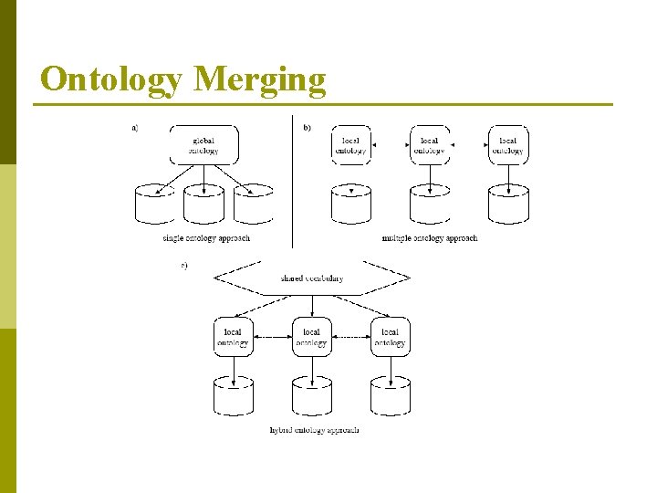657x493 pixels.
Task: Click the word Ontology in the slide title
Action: (110, 79)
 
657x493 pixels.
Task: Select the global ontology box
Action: (203, 145)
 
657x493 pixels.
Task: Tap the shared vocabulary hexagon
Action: (311, 278)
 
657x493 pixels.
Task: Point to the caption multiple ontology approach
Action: (429, 238)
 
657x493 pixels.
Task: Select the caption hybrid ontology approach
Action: (314, 429)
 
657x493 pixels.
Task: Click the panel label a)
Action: (135, 127)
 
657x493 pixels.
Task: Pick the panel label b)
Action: (307, 127)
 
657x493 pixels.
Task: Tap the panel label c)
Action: (184, 266)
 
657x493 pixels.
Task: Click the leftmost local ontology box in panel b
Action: (350, 145)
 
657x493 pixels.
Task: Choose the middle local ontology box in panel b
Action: (429, 145)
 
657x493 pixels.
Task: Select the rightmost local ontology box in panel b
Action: (507, 145)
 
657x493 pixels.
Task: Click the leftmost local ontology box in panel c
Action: (233, 337)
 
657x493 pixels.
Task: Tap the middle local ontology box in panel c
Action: (311, 337)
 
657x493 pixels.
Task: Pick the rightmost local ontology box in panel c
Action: (390, 337)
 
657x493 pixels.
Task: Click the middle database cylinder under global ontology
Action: (203, 205)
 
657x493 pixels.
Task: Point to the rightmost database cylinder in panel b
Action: (507, 205)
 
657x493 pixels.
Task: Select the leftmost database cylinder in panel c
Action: (233, 395)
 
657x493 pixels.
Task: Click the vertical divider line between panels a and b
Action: (292, 183)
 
